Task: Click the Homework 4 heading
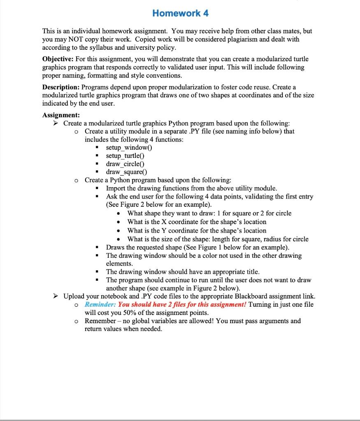pos(180,13)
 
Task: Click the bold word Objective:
pos(60,59)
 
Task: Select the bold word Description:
pos(61,87)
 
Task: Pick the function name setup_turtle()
pos(125,156)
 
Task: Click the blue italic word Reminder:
pos(100,305)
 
